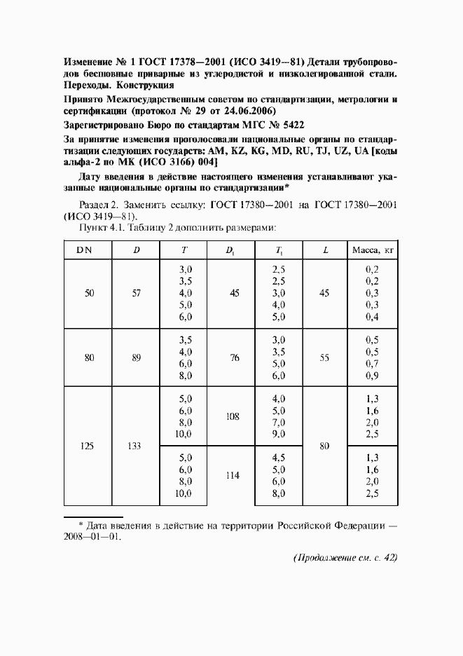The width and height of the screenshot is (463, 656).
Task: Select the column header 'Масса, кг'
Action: coord(372,250)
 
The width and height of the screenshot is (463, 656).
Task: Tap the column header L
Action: coord(324,250)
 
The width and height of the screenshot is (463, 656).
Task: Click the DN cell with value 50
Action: coord(89,294)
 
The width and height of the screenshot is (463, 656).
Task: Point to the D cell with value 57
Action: coord(137,294)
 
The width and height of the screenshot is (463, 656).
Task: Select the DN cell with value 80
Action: coord(89,358)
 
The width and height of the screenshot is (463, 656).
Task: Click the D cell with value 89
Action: coord(137,358)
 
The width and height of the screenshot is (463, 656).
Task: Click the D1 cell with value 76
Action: coord(235,358)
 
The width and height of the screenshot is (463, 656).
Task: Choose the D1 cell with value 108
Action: coord(233,416)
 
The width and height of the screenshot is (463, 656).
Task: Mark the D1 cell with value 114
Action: coord(233,475)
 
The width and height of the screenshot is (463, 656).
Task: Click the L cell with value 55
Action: coord(324,358)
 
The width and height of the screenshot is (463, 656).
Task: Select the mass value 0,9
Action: coord(372,376)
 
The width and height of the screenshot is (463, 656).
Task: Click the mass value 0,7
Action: coord(372,364)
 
